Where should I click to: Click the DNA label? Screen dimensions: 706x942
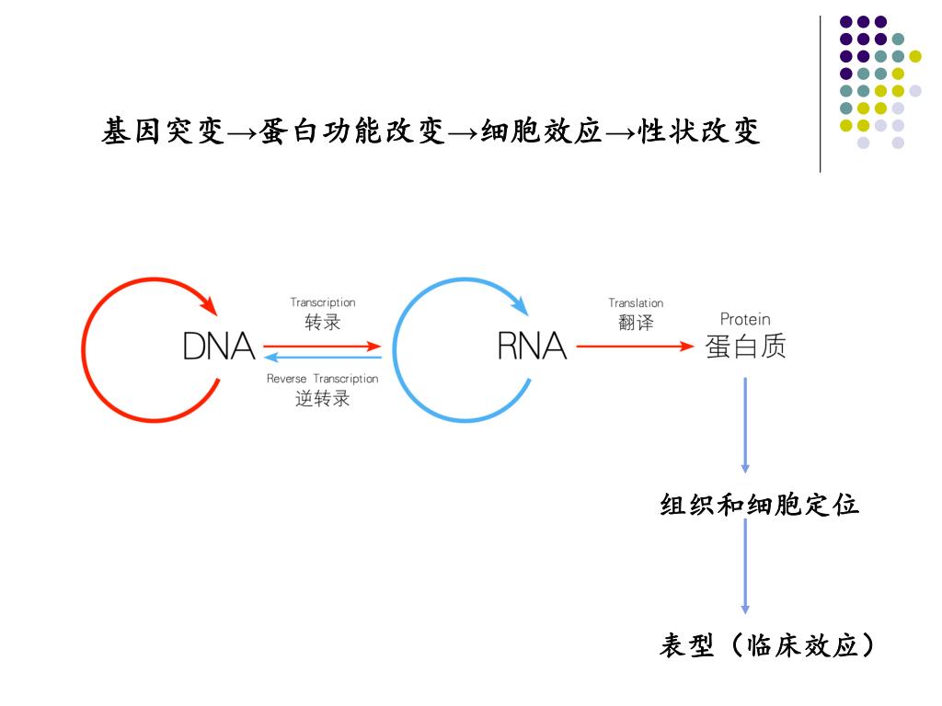tap(219, 347)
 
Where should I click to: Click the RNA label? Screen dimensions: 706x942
tap(532, 347)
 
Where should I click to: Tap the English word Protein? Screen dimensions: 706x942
tap(745, 319)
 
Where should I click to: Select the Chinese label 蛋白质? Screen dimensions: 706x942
tap(745, 347)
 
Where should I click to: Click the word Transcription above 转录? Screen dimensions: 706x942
tap(323, 302)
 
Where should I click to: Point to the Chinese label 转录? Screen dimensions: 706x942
tap(323, 322)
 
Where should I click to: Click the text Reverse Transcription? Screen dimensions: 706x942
tap(322, 379)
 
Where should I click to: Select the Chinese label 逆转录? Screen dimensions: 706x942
tap(322, 399)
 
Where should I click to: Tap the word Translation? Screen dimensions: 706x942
tap(636, 302)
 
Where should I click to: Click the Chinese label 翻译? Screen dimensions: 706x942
tap(636, 323)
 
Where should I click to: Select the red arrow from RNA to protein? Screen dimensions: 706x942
tap(635, 347)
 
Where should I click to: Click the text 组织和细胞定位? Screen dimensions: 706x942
tap(760, 505)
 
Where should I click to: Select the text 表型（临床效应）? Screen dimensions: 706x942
tap(766, 646)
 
